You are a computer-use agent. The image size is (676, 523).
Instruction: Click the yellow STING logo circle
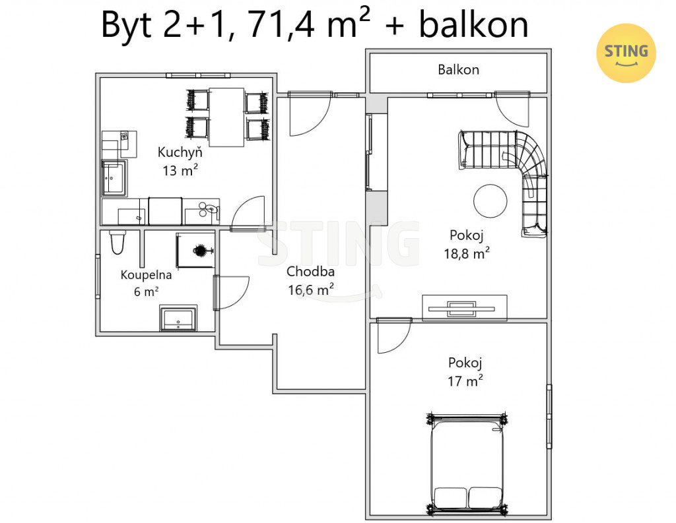pos(626,53)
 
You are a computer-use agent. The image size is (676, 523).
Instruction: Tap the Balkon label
pos(458,70)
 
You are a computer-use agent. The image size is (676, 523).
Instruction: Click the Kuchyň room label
pos(180,152)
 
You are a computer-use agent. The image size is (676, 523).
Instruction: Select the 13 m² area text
pos(180,171)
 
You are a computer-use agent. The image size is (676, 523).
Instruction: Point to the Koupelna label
pos(146,275)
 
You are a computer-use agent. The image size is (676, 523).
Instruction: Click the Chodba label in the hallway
pos(310,272)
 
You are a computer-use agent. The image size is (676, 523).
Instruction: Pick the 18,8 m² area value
pos(467,253)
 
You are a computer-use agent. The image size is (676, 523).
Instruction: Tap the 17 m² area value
pos(465,381)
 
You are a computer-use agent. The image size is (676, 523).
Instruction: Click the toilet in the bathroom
pos(118,242)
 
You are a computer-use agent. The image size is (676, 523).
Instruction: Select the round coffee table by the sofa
pos(490,201)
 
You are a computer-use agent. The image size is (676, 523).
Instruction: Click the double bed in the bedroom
pos(467,464)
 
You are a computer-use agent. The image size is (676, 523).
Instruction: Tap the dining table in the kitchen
pos(227,117)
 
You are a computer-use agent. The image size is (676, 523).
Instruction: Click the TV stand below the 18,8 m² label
pos(464,307)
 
